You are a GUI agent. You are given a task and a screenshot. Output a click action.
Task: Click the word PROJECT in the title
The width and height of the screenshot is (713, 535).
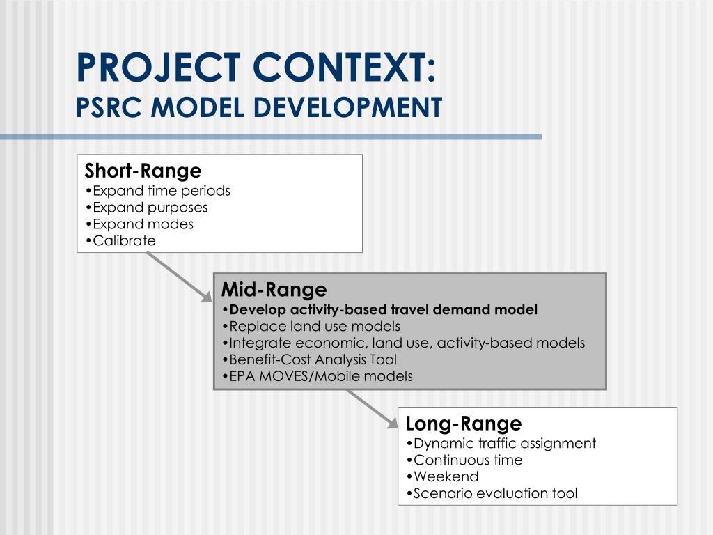click(x=158, y=68)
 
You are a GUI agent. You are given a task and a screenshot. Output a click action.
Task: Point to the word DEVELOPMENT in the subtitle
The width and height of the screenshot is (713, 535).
click(x=347, y=107)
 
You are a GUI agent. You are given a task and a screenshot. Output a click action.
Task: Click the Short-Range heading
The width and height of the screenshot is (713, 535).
click(x=143, y=171)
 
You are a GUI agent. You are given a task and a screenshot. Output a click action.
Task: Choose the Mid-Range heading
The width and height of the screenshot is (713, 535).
click(x=274, y=290)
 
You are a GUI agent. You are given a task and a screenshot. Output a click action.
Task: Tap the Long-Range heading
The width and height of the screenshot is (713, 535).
click(x=463, y=424)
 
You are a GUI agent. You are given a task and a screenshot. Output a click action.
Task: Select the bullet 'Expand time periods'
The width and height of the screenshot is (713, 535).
click(x=158, y=191)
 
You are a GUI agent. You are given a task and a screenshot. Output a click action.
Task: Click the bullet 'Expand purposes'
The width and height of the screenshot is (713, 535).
click(x=146, y=208)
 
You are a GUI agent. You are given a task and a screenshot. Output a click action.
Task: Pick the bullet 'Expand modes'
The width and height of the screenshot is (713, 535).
click(x=139, y=224)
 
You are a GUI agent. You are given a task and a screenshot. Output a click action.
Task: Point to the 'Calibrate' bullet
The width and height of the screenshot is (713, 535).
click(x=120, y=240)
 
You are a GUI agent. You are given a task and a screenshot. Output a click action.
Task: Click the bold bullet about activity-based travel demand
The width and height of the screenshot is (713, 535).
click(x=380, y=310)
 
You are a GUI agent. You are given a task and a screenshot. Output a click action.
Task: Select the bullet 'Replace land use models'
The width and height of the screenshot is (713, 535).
click(x=311, y=326)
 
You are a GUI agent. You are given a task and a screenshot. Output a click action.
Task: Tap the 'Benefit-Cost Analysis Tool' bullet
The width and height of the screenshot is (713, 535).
click(x=310, y=359)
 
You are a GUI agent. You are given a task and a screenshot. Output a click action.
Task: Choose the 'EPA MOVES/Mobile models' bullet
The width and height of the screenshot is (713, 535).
click(x=318, y=376)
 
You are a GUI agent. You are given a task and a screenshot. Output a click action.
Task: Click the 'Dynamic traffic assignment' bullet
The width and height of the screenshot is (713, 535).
click(x=501, y=444)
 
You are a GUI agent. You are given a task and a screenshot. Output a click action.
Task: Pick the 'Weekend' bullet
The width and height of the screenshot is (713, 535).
click(x=442, y=476)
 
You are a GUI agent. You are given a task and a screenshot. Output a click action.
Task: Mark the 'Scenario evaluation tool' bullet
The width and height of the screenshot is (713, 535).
click(x=492, y=493)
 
